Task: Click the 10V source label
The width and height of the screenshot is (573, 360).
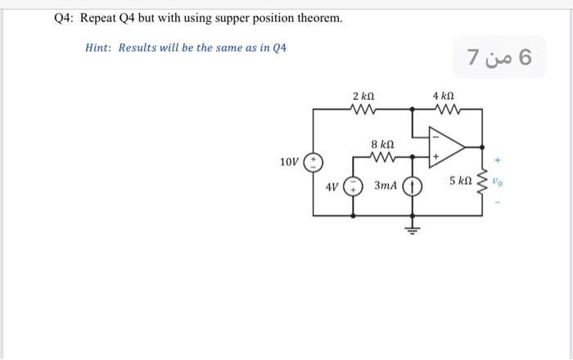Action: (x=289, y=161)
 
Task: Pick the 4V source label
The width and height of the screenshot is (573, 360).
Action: (x=332, y=187)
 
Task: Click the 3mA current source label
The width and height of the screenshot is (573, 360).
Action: (x=386, y=187)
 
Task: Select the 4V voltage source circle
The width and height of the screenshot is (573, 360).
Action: (x=354, y=187)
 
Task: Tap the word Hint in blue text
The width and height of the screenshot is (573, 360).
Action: (x=98, y=47)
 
